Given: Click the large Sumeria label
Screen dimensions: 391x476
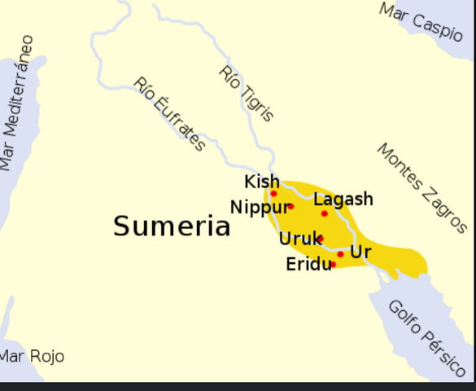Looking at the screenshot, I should tap(172, 226).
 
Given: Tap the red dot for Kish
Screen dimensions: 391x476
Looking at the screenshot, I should tap(273, 194).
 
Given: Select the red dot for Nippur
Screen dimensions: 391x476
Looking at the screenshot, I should tap(290, 206).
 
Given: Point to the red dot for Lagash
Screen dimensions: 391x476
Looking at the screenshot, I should tap(324, 213).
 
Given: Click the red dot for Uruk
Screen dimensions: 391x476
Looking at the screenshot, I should tap(321, 239).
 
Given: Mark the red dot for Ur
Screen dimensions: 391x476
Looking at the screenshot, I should tap(340, 254).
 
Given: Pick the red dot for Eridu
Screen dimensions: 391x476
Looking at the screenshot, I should tap(333, 264).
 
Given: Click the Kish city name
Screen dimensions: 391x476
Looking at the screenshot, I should tap(262, 182).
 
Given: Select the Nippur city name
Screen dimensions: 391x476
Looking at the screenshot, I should tap(259, 207).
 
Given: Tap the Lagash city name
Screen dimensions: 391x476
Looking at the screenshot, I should tap(343, 199).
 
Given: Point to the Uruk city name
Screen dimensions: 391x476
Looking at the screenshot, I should tap(299, 239).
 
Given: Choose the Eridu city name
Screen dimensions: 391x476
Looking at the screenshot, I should tap(308, 264).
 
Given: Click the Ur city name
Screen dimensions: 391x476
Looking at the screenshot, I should tap(360, 252).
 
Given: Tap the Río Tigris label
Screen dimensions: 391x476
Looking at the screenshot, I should tap(247, 93).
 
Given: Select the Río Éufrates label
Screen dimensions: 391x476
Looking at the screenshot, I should tap(169, 114).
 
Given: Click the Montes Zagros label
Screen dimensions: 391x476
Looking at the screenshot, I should tap(421, 188).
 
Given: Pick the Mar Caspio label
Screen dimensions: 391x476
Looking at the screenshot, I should tap(421, 20).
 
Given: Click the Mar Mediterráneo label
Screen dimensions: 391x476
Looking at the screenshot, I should tap(17, 103).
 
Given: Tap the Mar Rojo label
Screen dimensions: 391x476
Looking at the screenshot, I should tap(32, 357).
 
